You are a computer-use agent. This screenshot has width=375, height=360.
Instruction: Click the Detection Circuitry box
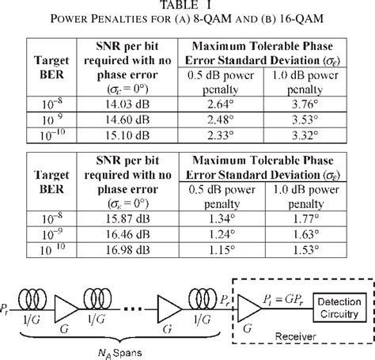[332, 293]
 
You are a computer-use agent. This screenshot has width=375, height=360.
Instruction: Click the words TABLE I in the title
[187, 6]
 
